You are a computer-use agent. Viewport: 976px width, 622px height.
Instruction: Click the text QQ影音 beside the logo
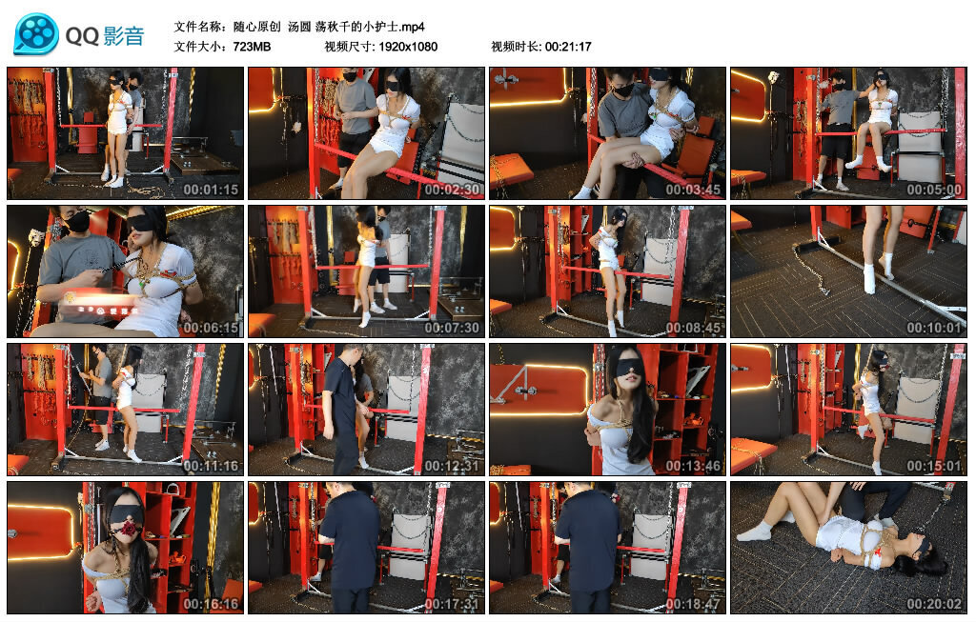(x=105, y=36)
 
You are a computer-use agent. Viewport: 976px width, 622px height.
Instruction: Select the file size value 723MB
(x=252, y=47)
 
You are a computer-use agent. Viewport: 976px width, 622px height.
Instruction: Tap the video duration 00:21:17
(x=568, y=47)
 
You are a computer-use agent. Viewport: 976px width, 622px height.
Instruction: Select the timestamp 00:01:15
(x=211, y=190)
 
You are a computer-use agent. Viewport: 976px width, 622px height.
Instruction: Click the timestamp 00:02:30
(x=452, y=190)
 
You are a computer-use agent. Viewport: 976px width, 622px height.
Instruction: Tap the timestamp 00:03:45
(x=693, y=190)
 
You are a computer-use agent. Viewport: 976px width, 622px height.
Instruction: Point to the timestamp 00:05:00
(x=934, y=190)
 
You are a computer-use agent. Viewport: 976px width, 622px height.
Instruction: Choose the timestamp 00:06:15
(x=211, y=328)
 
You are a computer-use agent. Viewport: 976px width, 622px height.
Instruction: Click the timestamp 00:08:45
(x=693, y=328)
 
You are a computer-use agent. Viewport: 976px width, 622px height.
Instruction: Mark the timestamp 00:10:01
(x=934, y=328)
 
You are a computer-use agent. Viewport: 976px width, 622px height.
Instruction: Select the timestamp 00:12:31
(x=452, y=466)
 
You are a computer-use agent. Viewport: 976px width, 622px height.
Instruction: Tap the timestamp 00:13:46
(x=693, y=466)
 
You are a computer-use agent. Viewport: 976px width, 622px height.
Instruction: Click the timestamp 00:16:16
(x=211, y=604)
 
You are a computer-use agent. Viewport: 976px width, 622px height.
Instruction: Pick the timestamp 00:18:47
(x=693, y=604)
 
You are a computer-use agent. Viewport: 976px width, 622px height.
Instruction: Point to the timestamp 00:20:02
(x=934, y=604)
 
